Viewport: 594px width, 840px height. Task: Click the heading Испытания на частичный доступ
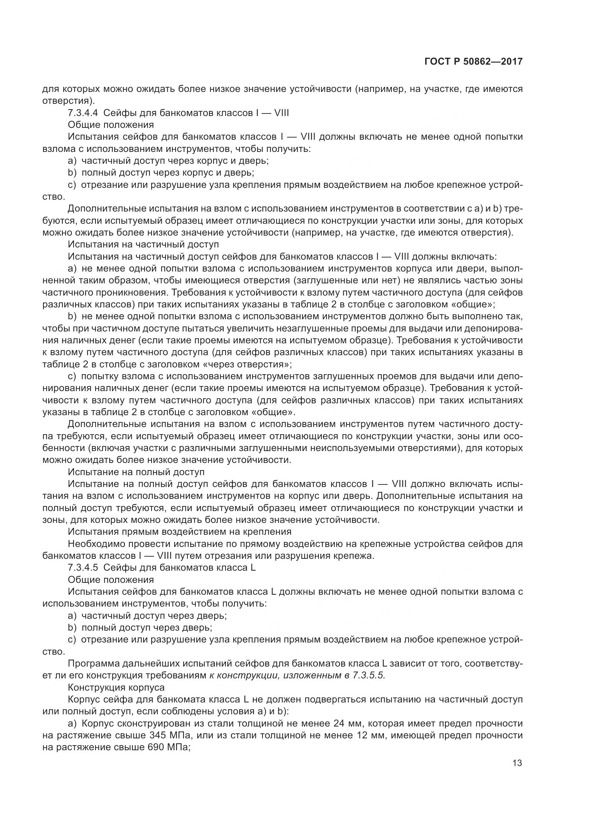(x=143, y=245)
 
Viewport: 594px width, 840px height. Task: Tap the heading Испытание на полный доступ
(x=136, y=472)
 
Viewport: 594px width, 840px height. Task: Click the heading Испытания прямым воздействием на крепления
(x=180, y=532)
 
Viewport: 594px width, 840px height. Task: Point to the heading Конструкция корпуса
(x=116, y=687)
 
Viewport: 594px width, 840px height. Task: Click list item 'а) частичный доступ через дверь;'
(x=147, y=616)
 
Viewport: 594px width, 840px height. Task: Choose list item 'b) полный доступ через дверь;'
(x=140, y=627)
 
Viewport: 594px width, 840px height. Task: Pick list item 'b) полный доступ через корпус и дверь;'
(x=161, y=173)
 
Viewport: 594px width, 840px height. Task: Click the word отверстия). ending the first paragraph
(x=68, y=101)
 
